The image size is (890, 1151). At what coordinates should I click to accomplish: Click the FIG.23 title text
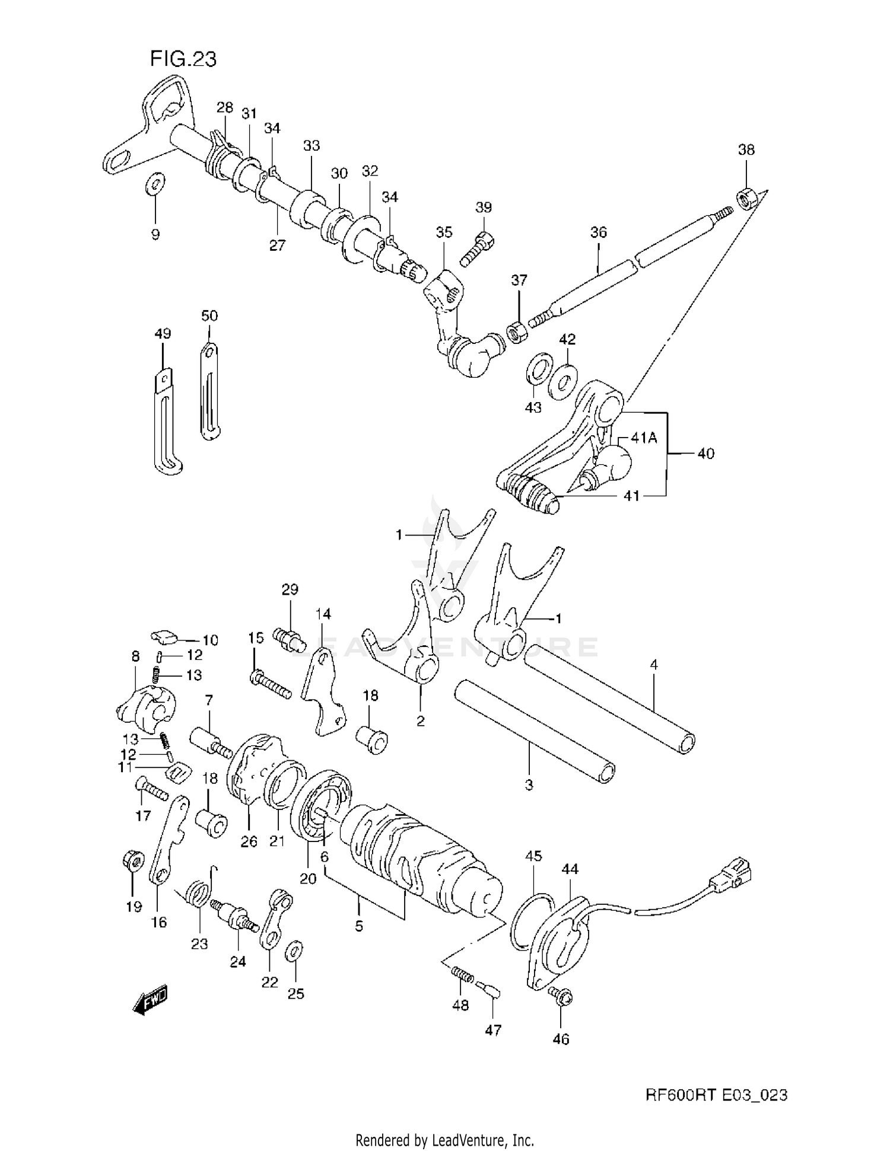tap(183, 59)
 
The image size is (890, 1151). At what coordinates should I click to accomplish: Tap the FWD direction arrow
tap(150, 1002)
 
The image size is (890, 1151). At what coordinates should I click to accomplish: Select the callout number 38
tap(746, 150)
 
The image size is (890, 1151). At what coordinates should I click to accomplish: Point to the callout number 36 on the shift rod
tap(598, 232)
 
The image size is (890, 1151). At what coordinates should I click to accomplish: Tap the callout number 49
tap(163, 334)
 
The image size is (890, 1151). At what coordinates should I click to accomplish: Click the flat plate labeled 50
tap(208, 391)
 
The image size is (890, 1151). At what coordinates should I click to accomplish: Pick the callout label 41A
tap(644, 438)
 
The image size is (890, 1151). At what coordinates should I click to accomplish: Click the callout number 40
tap(705, 454)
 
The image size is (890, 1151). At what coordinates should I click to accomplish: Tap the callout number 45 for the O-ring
tap(533, 856)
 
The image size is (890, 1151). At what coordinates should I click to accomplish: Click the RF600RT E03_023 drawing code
tap(716, 1095)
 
